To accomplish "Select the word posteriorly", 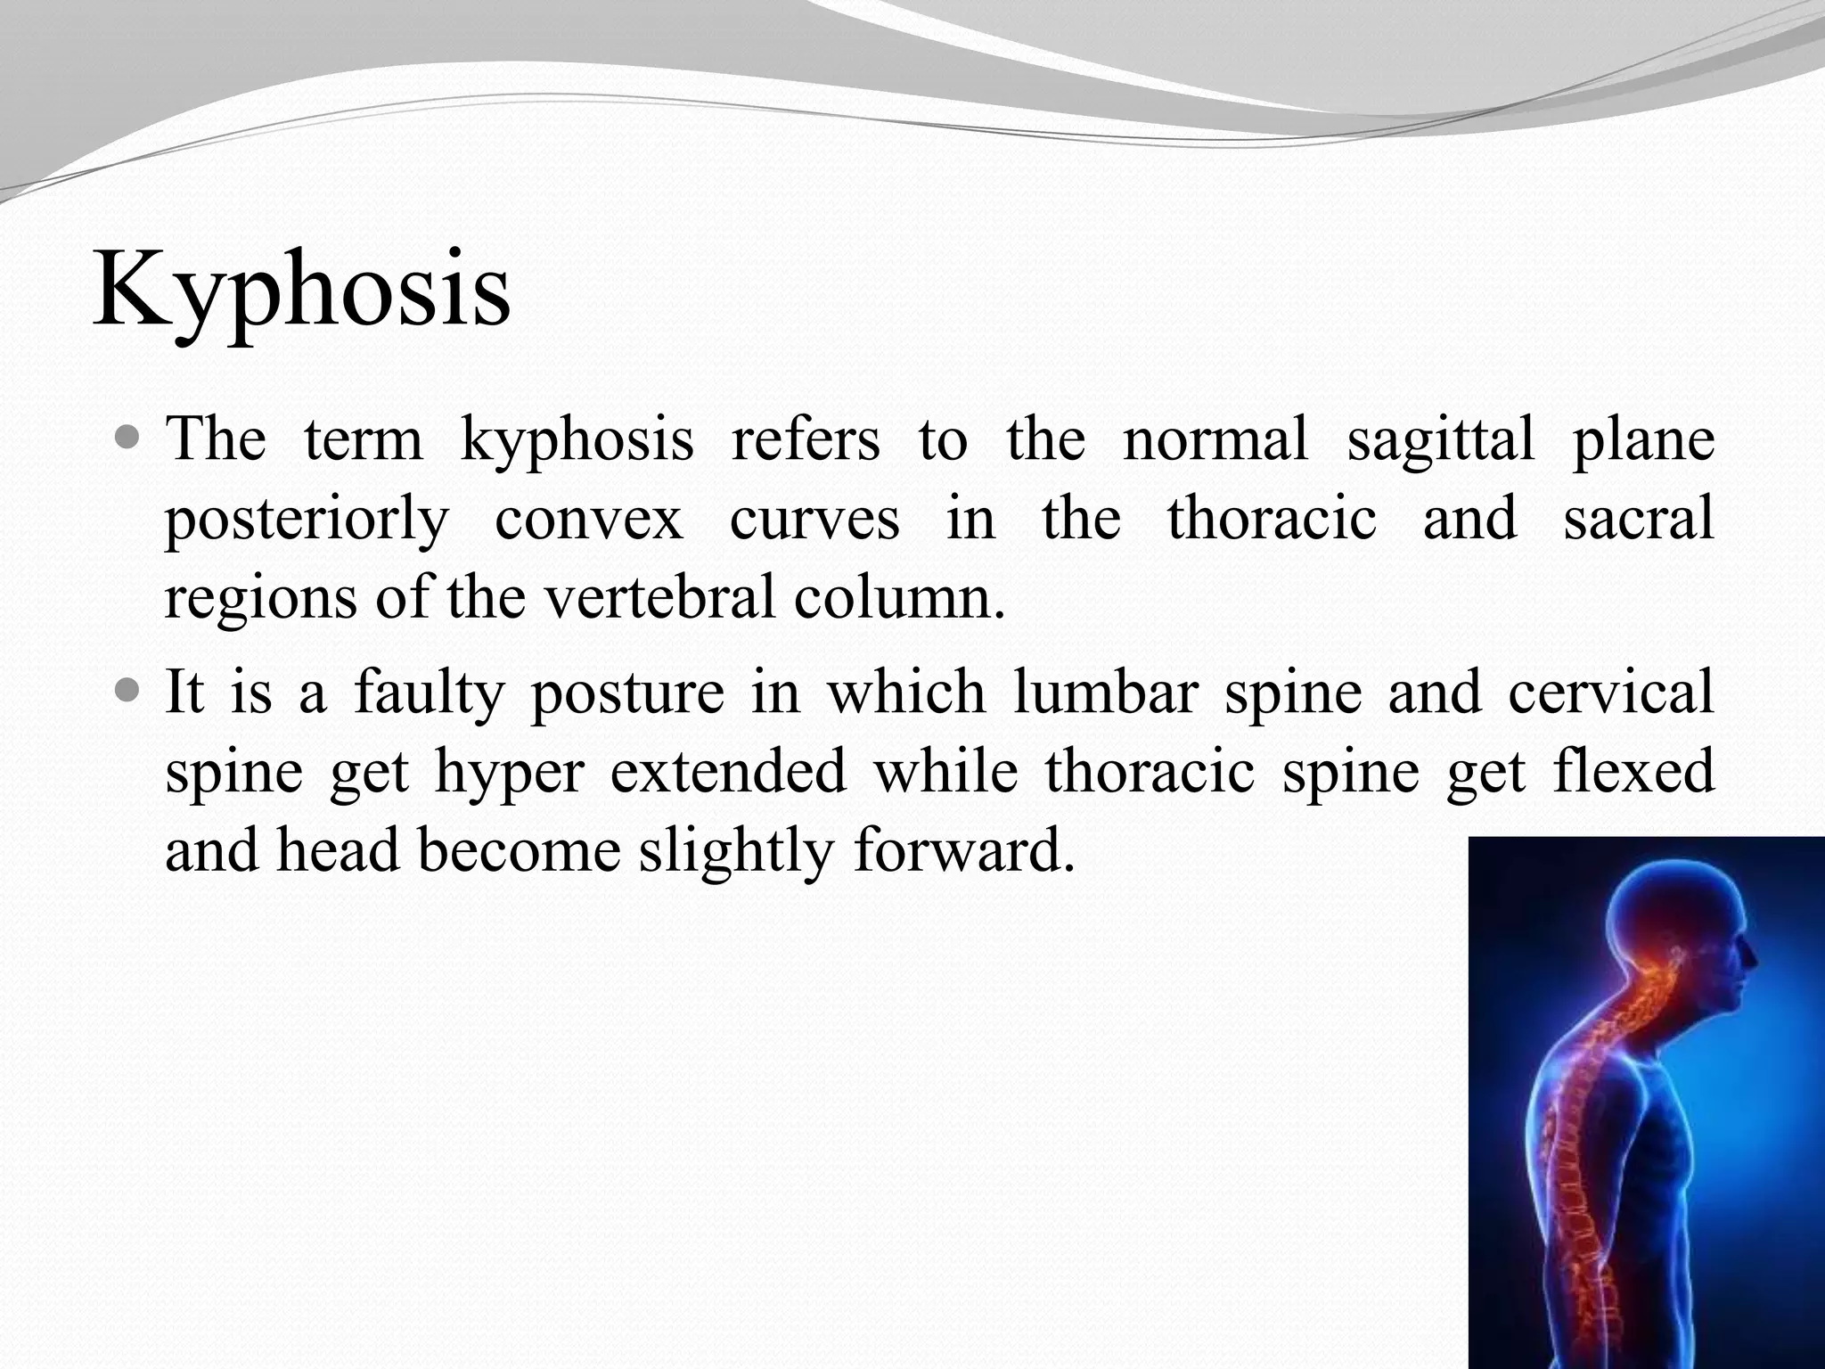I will coord(307,520).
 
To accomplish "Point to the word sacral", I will coord(1638,518).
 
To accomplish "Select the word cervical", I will coord(1611,692).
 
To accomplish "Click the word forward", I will coord(962,849).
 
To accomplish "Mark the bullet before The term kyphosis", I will coord(128,439).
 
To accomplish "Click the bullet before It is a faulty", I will coord(128,692).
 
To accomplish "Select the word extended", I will coord(727,770).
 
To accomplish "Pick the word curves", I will coord(814,520).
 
